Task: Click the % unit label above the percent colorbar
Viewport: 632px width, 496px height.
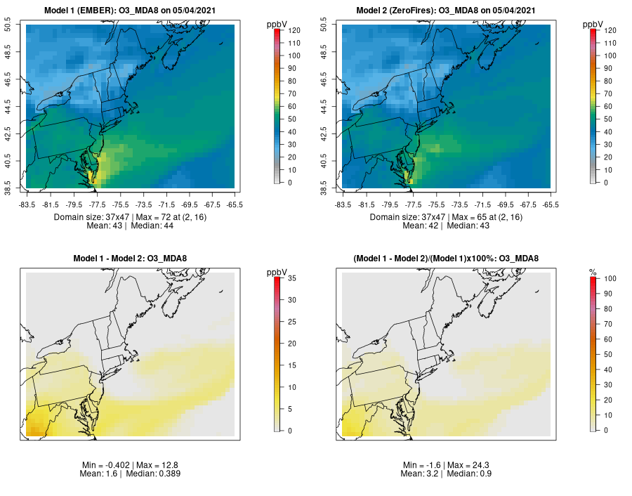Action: pos(593,272)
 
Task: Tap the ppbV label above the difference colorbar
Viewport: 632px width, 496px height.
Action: pos(277,272)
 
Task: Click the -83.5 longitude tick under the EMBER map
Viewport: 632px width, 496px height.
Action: pos(27,204)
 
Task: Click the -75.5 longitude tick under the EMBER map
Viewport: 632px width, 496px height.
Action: pos(120,204)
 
